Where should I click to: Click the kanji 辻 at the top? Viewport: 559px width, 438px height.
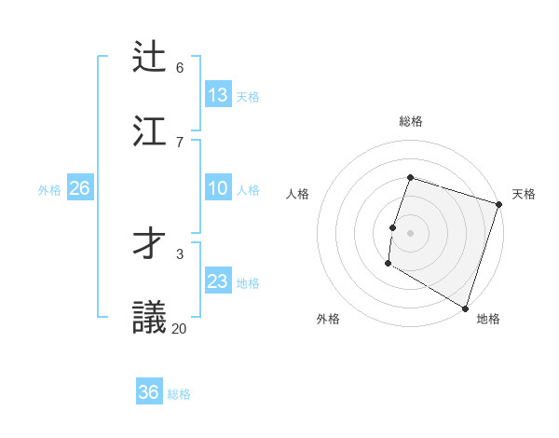click(151, 57)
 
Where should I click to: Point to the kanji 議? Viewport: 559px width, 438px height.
click(151, 318)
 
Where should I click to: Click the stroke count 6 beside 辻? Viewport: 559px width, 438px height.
click(179, 67)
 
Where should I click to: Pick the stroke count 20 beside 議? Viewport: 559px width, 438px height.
click(179, 328)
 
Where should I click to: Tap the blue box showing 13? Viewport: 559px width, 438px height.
click(218, 95)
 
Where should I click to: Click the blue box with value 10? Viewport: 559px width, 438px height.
click(218, 188)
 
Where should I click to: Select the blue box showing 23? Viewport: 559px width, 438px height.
click(218, 281)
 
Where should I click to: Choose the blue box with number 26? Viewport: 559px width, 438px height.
click(79, 188)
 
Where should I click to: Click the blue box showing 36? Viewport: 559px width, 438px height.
click(149, 392)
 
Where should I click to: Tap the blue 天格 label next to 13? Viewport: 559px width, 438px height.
click(248, 97)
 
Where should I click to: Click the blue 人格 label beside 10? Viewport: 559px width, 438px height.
click(248, 190)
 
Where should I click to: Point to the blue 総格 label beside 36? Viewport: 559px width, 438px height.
click(179, 394)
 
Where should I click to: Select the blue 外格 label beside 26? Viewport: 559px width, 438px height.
click(49, 190)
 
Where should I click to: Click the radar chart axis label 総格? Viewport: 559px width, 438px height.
click(410, 121)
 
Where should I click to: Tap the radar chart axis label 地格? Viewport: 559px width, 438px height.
click(488, 319)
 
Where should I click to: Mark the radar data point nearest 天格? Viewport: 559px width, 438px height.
click(498, 204)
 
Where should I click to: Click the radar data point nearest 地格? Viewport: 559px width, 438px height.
click(465, 307)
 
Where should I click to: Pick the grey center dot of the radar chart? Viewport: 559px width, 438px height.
click(410, 233)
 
